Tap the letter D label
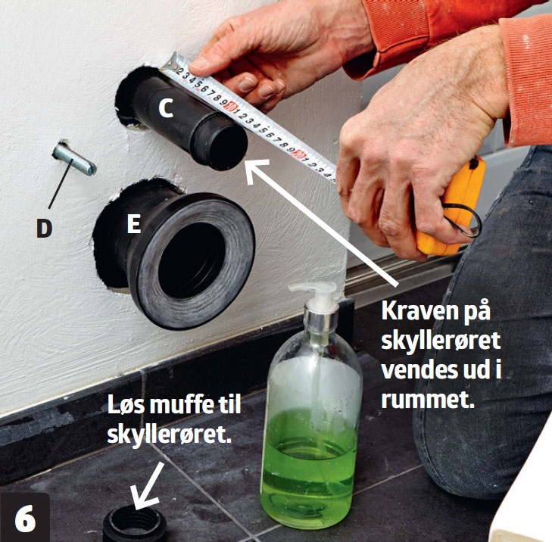44,228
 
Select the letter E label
133,224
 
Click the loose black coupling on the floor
134,525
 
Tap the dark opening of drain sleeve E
189,260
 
